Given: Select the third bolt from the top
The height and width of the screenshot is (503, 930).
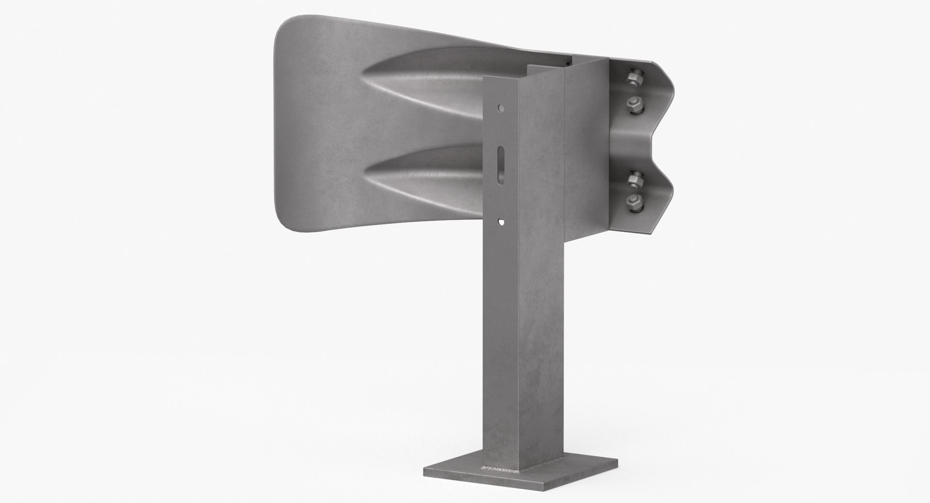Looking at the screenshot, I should click(x=633, y=179).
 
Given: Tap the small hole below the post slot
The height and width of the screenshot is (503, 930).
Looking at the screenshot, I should click(x=501, y=222).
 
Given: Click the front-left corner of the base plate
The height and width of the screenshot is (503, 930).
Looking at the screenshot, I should click(x=425, y=477).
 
